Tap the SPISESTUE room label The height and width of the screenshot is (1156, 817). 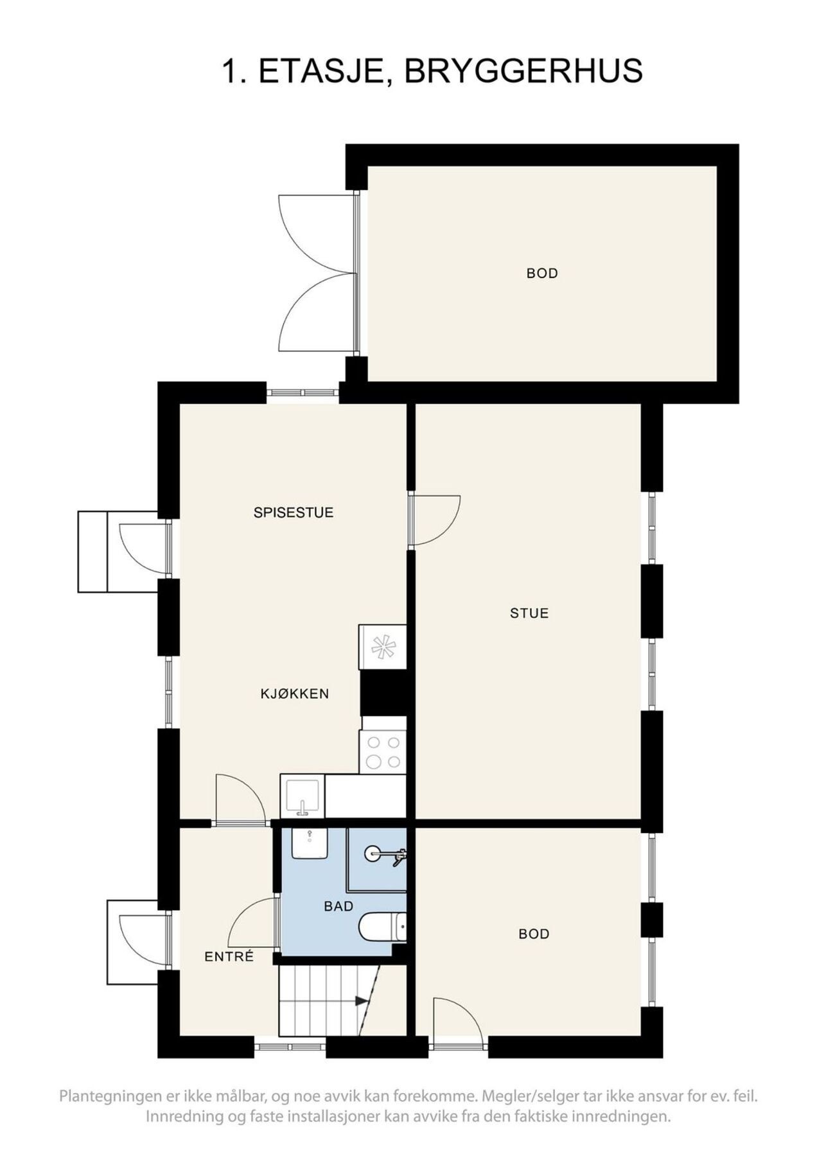click(294, 512)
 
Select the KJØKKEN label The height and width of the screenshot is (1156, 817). click(295, 694)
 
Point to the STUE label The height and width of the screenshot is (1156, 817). click(529, 613)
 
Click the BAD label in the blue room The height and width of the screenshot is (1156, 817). click(338, 906)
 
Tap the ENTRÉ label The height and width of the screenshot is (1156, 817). click(229, 957)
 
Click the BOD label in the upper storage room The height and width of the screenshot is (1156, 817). click(542, 274)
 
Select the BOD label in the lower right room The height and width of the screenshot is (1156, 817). click(534, 934)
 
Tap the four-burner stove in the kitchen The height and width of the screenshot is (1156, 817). click(383, 752)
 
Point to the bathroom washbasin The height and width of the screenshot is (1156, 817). click(310, 843)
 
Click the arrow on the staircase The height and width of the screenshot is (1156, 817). click(362, 1001)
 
